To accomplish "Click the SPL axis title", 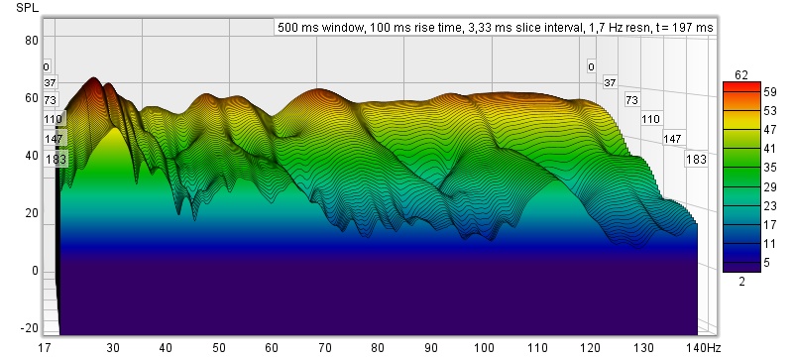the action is tap(28, 8).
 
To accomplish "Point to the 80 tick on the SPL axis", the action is tap(32, 40).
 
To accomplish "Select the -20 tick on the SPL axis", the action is tap(30, 328).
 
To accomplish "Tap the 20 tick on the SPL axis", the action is tap(32, 213).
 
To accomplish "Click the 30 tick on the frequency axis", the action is tap(113, 348).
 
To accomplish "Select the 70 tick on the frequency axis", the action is tap(325, 348).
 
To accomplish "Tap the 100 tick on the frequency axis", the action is tap(484, 348).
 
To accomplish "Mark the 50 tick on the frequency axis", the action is tap(219, 348).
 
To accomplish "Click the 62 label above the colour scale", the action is tap(741, 75).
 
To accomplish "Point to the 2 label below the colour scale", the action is tap(741, 282).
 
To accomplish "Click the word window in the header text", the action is tap(347, 28).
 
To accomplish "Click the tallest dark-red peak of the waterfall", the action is tap(93, 79).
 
